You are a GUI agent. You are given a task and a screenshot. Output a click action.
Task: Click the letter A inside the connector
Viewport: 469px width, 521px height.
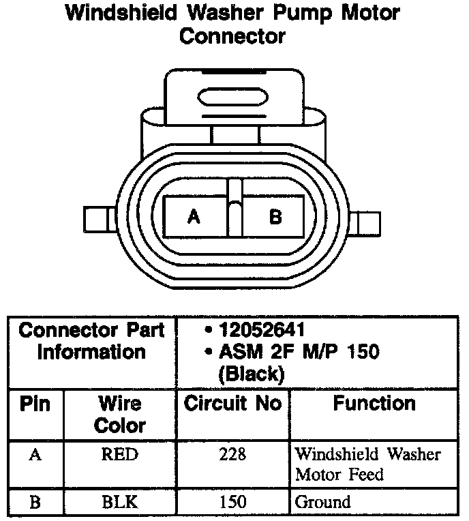[194, 218]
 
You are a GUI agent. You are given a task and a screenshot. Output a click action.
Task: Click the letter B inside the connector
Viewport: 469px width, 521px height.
[275, 218]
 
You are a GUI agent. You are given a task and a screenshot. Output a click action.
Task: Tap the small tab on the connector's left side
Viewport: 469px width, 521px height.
[95, 220]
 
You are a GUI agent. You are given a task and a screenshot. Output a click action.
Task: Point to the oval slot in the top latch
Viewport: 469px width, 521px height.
[232, 95]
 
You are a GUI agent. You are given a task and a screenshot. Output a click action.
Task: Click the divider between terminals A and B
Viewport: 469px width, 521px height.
[234, 211]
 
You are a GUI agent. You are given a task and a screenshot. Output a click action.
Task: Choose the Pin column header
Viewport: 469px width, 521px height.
[35, 404]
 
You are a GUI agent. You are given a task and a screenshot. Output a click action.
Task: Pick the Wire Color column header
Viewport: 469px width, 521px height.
[120, 415]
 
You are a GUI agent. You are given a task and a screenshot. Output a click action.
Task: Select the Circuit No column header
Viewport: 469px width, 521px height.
[232, 404]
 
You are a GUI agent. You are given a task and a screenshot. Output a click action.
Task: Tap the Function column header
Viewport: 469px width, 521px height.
[374, 404]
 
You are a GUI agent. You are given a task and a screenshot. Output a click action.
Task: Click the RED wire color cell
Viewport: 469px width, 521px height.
[119, 455]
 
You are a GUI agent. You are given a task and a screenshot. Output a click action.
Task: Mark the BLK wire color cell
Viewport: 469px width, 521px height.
[119, 503]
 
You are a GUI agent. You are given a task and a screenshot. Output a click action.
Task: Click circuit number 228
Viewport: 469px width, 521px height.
[232, 455]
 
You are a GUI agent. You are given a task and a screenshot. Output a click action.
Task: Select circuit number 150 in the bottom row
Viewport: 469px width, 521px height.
[232, 503]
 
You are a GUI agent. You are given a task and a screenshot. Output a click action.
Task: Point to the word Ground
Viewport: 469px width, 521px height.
[322, 503]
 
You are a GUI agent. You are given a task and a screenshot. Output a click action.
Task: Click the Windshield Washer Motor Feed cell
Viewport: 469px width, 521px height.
[367, 464]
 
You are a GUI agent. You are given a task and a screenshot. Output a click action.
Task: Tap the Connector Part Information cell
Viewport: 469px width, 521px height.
[91, 342]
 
